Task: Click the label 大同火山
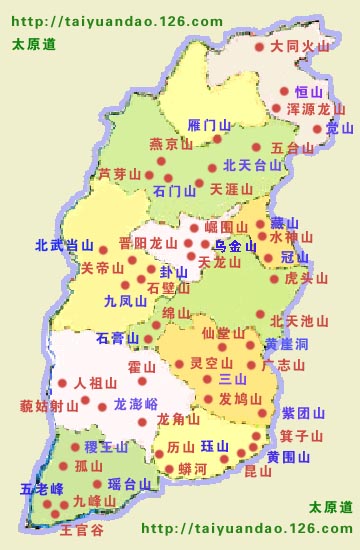point(300,46)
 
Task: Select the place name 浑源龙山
point(315,108)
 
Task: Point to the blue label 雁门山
point(209,125)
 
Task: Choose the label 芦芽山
point(119,174)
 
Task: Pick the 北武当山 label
point(63,245)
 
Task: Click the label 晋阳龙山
point(147,243)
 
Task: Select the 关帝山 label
point(102,267)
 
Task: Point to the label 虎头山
point(306,278)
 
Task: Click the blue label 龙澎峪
point(135,404)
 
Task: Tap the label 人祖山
point(95,382)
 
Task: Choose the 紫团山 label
point(303,412)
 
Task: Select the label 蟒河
point(192,468)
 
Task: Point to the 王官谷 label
point(82,530)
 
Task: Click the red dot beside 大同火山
point(259,46)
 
